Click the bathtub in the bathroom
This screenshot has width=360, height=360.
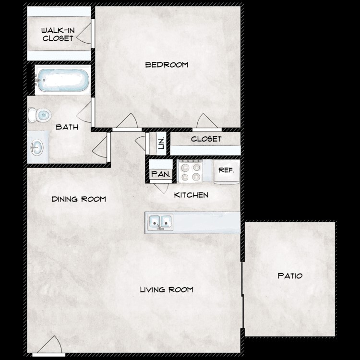pos(63,80)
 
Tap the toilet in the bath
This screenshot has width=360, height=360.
pos(40,115)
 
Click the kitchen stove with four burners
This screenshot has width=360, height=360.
pos(190,171)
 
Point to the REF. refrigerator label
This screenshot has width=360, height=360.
pos(226,170)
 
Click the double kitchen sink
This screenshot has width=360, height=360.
pos(160,222)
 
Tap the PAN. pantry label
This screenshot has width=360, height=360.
pos(160,174)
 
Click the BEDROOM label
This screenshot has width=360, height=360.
pos(167,65)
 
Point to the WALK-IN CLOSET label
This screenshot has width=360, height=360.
pos(58,34)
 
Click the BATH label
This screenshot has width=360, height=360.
pos(67,127)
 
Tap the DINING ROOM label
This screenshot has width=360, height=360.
pos(79,199)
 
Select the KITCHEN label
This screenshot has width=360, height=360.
pos(191,195)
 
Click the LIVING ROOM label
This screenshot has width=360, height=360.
pos(167,289)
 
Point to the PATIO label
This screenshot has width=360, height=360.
pos(290,276)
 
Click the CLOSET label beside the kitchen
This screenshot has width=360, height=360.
pos(206,139)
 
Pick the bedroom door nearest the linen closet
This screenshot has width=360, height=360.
pos(128,122)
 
